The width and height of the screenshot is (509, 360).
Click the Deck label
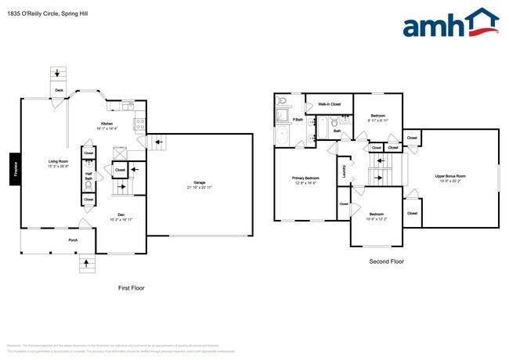coord(59,90)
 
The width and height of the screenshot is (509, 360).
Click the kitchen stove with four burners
coord(140,121)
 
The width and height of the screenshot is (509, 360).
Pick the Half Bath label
coord(88,177)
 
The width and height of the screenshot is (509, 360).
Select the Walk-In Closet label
coord(329,103)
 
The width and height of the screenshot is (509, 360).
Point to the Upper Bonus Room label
coord(450,176)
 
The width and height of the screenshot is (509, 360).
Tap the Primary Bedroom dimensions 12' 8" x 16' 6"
coord(305,182)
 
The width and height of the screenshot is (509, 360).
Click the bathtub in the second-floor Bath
coord(322,128)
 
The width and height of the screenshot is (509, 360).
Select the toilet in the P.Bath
coord(280,101)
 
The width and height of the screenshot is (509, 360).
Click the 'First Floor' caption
coord(131,288)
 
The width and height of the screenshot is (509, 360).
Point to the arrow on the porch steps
coord(85,265)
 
